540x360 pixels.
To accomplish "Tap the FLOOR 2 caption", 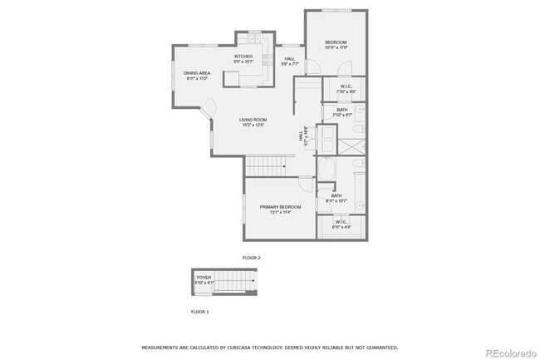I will coord(251,258).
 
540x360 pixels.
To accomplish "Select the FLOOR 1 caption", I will coord(200,311).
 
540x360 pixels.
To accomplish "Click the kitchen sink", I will coord(268,58).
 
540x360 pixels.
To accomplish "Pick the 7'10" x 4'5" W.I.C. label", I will coord(346,89).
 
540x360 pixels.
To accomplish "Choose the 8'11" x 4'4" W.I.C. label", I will coord(341,224).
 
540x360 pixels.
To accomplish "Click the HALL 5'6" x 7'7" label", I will coord(289,61).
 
